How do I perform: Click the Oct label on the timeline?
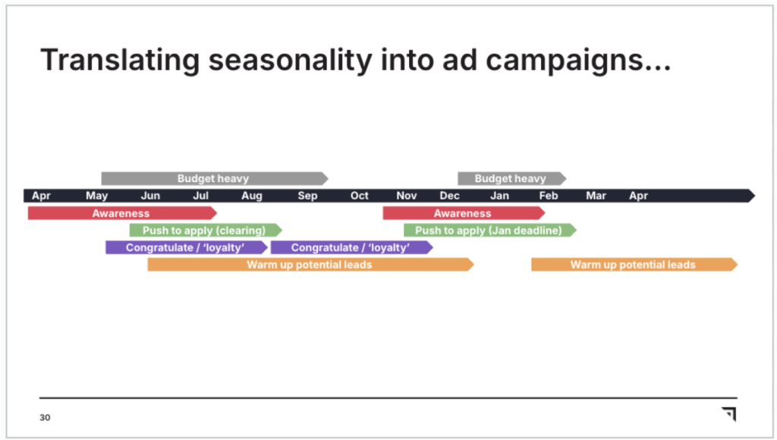(x=359, y=196)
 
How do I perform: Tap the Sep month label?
(x=307, y=196)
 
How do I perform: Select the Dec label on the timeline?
(x=449, y=196)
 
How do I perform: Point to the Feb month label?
(x=549, y=196)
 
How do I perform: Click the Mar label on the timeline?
(x=596, y=196)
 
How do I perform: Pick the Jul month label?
(x=200, y=196)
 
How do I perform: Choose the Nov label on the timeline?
(x=407, y=196)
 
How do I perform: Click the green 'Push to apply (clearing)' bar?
(x=206, y=231)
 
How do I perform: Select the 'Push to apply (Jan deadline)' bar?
(x=490, y=231)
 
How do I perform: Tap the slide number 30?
(x=45, y=418)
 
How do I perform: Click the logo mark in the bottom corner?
(x=729, y=413)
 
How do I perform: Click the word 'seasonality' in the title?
(x=290, y=61)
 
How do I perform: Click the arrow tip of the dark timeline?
(x=755, y=196)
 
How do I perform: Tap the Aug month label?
(x=252, y=196)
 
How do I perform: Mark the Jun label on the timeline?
(x=150, y=196)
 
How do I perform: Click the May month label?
(x=96, y=196)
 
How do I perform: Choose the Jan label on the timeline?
(x=499, y=196)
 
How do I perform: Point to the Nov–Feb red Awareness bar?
(x=464, y=213)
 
